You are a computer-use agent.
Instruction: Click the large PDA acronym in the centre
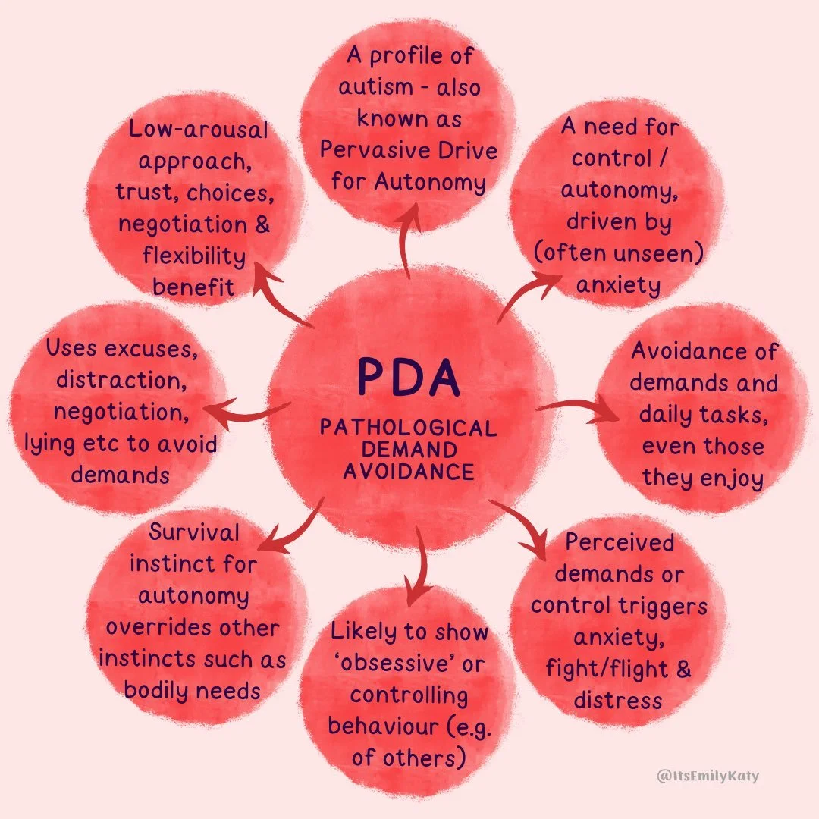point(409,377)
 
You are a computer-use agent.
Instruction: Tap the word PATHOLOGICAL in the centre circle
point(409,428)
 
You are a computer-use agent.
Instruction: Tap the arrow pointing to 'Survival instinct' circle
point(296,527)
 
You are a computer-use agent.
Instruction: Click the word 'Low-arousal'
point(198,130)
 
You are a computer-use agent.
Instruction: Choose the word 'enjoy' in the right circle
point(726,478)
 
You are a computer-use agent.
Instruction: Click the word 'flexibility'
point(194,256)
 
